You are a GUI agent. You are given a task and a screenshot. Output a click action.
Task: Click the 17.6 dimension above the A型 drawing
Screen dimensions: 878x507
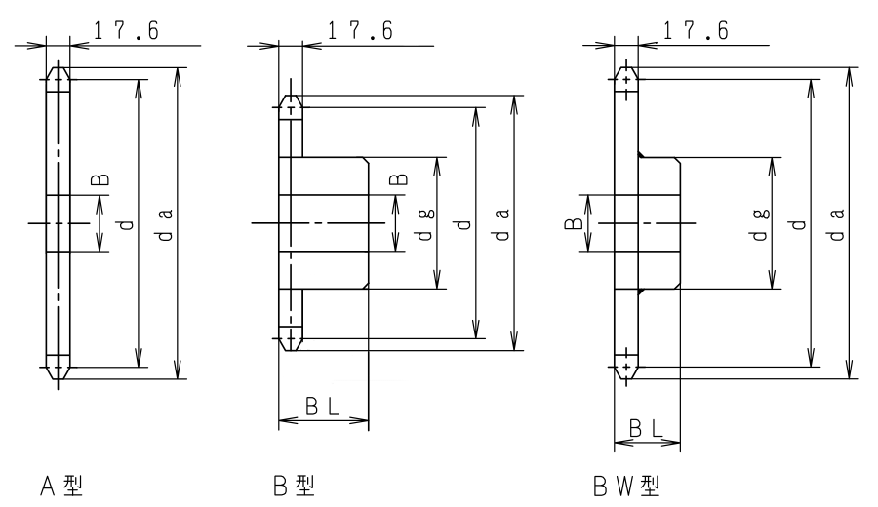pos(126,30)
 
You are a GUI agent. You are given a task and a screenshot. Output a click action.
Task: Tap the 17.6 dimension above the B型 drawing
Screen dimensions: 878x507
pos(360,30)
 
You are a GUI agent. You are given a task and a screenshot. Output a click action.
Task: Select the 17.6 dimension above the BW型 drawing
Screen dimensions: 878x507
pos(696,30)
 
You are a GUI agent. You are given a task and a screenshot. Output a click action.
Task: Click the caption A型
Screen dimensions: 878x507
pos(61,486)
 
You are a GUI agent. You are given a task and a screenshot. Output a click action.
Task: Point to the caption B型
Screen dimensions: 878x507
pos(294,486)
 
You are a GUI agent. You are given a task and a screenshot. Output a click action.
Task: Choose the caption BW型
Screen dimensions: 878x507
pos(626,486)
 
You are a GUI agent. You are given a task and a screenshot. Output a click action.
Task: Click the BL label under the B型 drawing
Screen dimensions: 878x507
pos(323,407)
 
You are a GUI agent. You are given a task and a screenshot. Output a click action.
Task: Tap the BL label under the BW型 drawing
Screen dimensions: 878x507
pos(646,429)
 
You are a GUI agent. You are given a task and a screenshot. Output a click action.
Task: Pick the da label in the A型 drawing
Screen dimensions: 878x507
pos(165,225)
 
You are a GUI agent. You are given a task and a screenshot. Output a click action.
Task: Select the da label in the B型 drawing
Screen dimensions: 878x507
pos(502,225)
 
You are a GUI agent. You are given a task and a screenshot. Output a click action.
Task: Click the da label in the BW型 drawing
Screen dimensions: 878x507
pos(837,225)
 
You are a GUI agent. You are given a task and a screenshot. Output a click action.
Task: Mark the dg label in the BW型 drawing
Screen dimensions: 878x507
pos(761,225)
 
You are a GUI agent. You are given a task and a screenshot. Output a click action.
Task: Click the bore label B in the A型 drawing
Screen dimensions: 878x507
pos(100,179)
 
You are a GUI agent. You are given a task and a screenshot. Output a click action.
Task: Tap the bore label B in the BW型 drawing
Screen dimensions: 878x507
pos(574,224)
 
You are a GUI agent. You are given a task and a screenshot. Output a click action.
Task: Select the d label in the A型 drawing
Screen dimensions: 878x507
pos(127,225)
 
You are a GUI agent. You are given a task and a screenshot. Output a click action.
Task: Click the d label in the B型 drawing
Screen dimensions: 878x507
pos(463,225)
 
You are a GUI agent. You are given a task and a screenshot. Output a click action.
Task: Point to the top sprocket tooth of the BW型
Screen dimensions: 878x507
pos(626,79)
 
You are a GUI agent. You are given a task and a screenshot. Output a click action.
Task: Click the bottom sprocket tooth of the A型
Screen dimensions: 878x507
pos(59,368)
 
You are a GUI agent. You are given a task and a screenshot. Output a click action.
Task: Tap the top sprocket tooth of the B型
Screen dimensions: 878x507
pos(291,107)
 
